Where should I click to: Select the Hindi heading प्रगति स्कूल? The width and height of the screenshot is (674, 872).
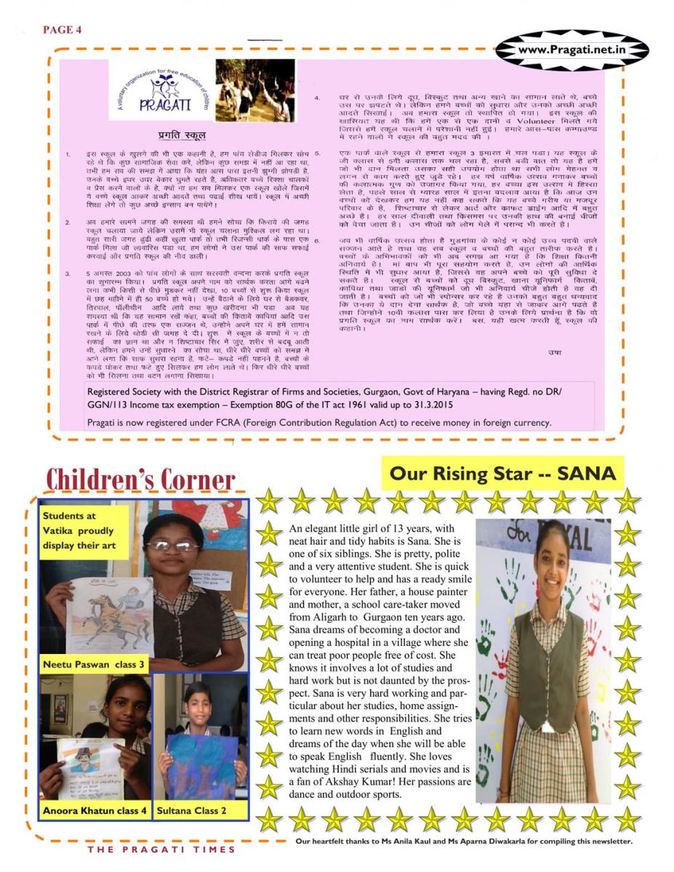point(182,135)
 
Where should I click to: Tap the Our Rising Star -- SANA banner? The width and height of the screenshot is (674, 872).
point(502,474)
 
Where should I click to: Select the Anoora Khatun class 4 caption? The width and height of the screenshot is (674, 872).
point(95,810)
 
